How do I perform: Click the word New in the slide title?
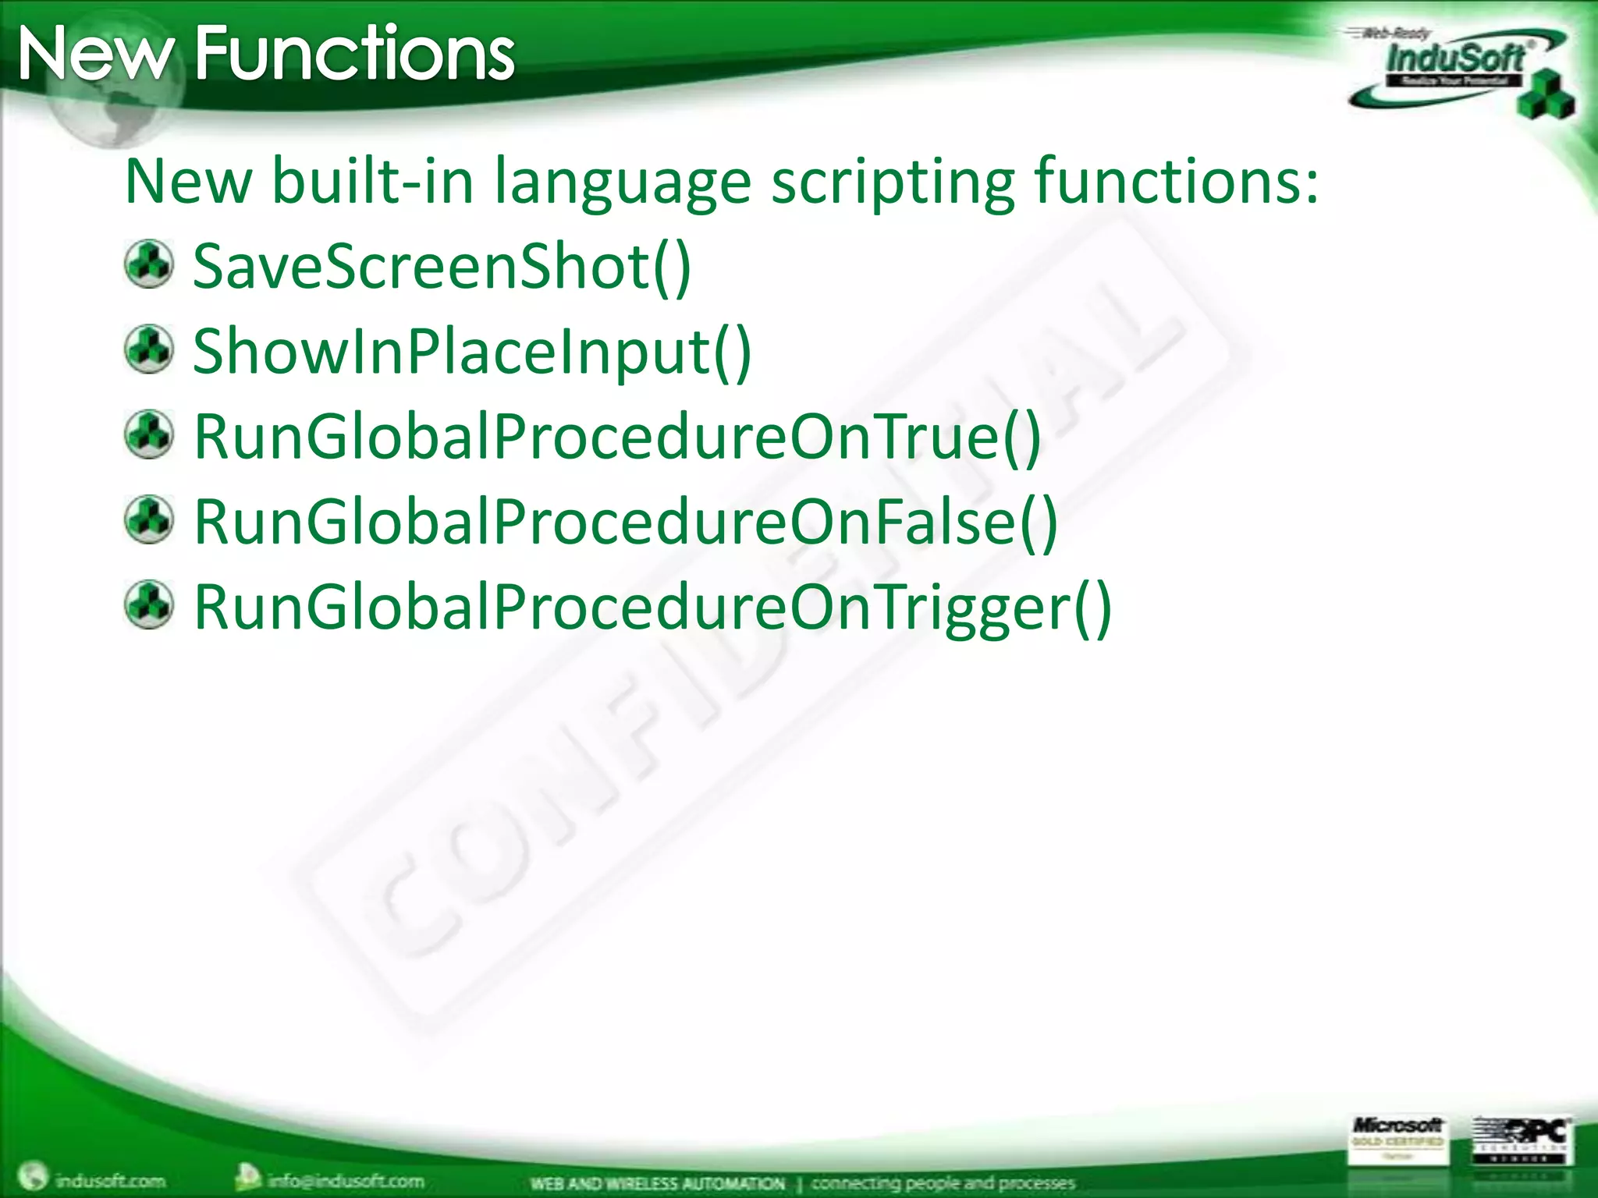[x=95, y=55]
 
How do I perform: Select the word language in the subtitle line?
[x=623, y=182]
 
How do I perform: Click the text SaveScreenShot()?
[x=442, y=267]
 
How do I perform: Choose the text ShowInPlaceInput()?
[x=472, y=352]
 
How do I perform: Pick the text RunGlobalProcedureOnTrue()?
[x=617, y=437]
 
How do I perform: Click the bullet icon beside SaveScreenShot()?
[x=149, y=264]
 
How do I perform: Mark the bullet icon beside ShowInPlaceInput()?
[x=149, y=349]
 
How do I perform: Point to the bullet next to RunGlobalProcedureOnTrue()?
[x=149, y=434]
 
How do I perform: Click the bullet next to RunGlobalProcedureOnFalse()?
[x=149, y=519]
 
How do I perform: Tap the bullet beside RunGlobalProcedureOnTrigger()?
[x=149, y=604]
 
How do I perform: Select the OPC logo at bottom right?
[x=1522, y=1140]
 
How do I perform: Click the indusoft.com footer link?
[x=109, y=1180]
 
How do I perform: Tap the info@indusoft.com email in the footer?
[x=345, y=1180]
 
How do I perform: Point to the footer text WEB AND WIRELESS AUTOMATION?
[x=657, y=1183]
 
